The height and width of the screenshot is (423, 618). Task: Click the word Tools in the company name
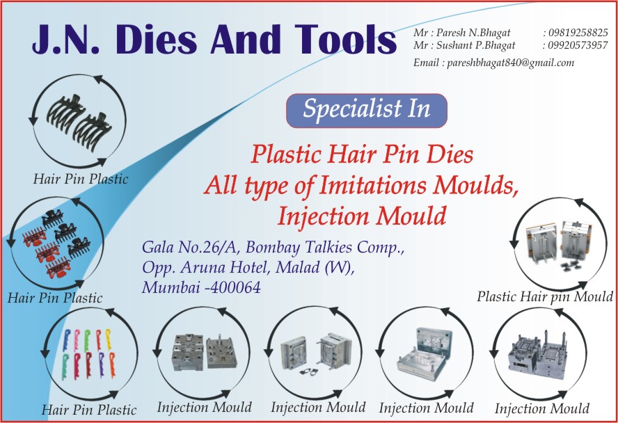click(345, 40)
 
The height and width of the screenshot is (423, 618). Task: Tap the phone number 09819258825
click(578, 33)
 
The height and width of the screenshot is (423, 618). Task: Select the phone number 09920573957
click(578, 45)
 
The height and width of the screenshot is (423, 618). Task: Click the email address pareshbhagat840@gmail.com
click(510, 63)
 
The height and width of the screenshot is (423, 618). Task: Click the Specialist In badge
click(367, 111)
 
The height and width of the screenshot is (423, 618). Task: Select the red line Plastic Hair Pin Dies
click(362, 154)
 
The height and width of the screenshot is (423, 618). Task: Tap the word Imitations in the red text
click(373, 185)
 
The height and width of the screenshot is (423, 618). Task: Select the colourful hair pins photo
click(90, 353)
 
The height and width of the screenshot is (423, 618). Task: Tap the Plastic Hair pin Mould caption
click(545, 296)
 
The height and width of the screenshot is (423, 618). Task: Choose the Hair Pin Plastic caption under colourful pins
click(90, 410)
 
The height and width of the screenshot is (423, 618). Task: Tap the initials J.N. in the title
click(66, 40)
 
